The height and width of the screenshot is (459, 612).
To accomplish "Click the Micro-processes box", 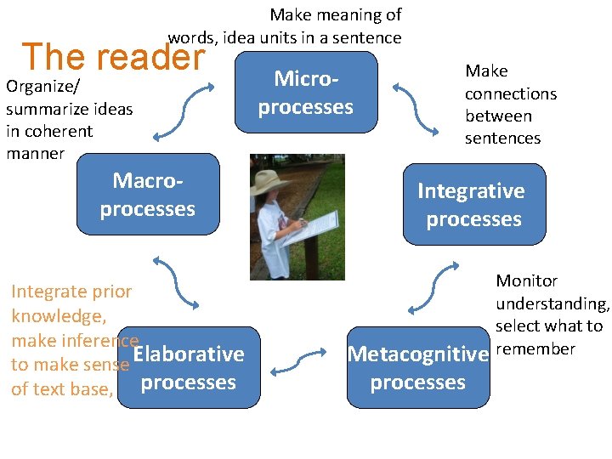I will point(305,93).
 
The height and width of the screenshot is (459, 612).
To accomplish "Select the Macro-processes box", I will point(147,195).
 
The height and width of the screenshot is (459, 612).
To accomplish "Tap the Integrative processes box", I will point(473,205).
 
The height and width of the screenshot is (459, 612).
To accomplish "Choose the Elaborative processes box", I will point(189,368).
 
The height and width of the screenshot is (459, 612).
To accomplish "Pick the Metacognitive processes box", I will point(417,368).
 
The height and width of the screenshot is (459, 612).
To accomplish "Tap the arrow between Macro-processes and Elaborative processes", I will point(175,283).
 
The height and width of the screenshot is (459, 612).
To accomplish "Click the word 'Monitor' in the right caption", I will point(526,280).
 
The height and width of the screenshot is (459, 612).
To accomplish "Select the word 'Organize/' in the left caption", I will point(36,87).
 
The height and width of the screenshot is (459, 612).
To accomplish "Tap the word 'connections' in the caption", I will point(510,93).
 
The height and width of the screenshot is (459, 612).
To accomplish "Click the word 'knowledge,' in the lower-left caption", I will point(58,316).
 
